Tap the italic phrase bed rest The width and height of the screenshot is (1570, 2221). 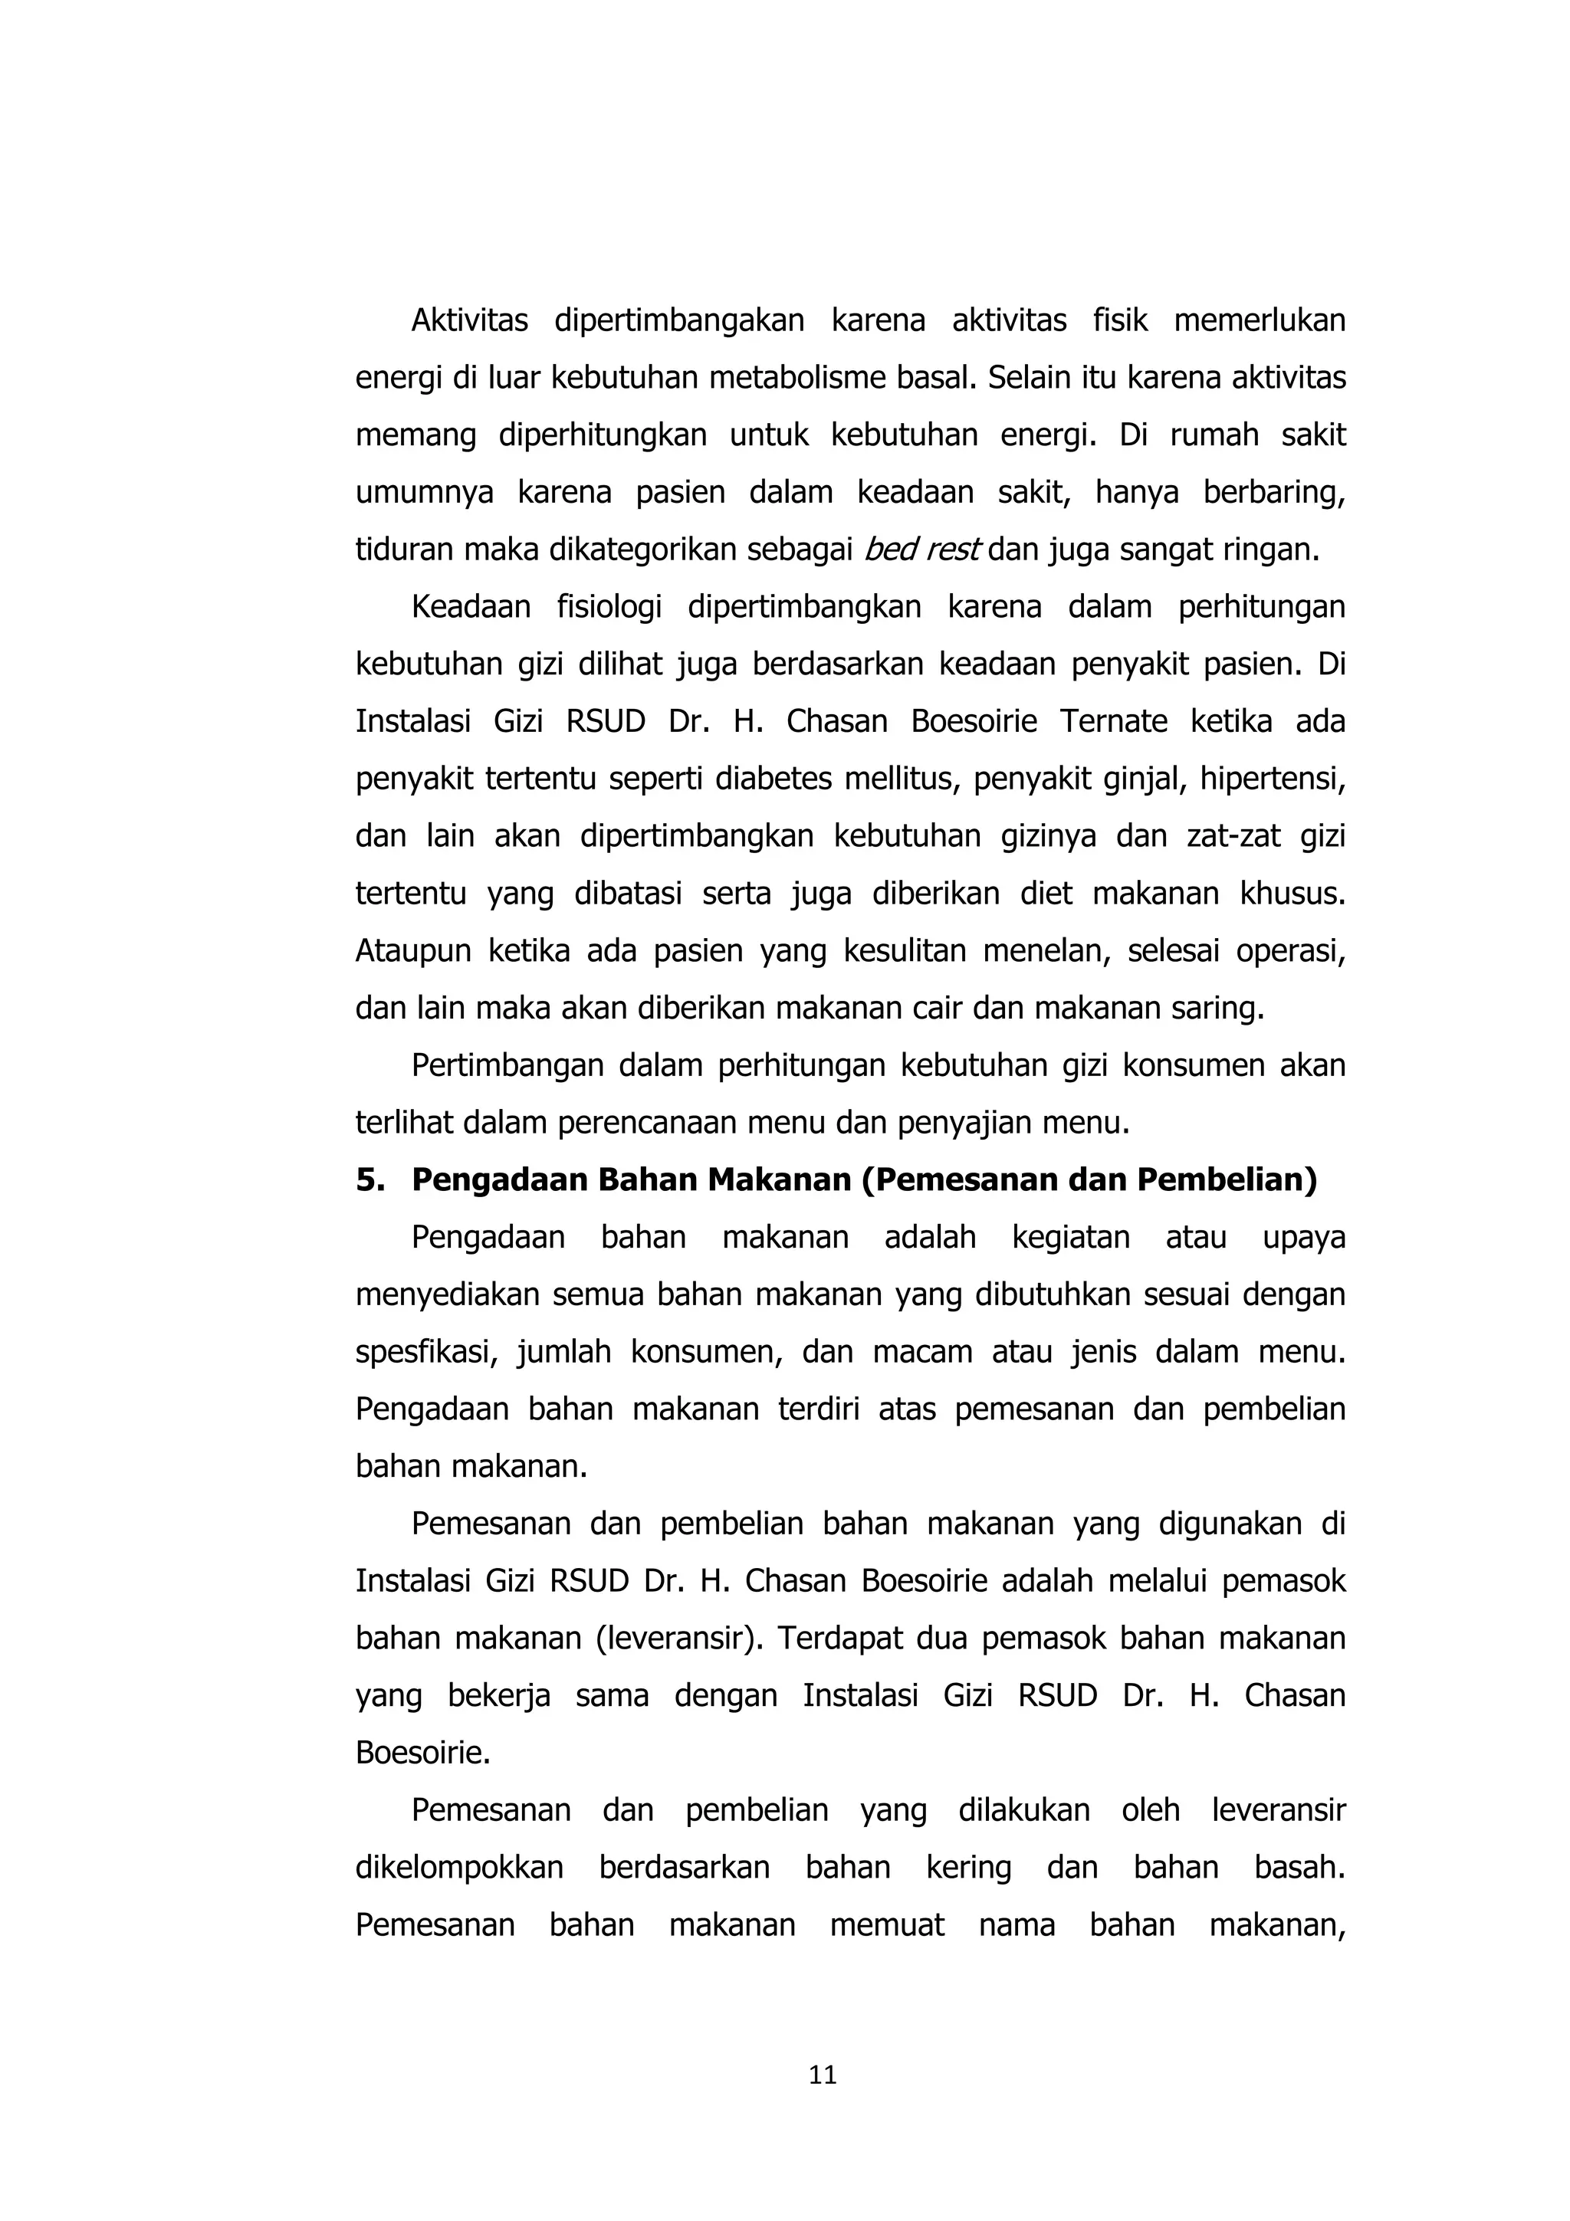click(x=922, y=550)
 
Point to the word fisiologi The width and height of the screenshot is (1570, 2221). click(x=609, y=606)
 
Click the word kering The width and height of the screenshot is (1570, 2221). click(x=967, y=1867)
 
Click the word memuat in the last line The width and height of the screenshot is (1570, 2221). click(x=886, y=1925)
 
